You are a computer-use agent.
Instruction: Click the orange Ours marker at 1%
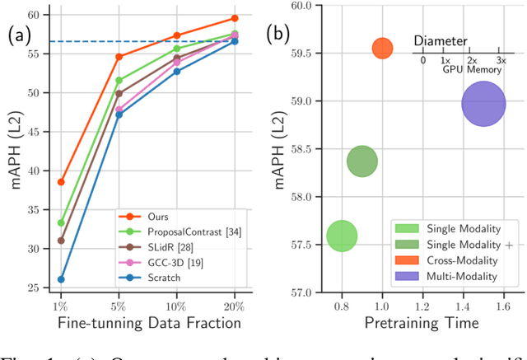61,182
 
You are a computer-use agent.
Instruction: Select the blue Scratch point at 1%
61,279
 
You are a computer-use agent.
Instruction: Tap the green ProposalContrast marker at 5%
119,81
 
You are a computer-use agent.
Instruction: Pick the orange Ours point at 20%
235,18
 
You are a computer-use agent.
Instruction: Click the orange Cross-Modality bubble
382,49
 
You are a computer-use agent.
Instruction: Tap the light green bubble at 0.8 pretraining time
342,236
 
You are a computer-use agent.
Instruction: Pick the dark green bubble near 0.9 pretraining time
362,162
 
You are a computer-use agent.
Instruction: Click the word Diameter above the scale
441,40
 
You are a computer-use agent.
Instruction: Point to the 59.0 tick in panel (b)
301,101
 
